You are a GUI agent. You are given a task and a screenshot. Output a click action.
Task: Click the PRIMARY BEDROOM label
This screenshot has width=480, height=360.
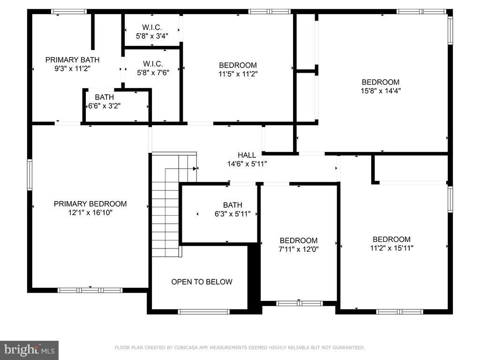(90, 204)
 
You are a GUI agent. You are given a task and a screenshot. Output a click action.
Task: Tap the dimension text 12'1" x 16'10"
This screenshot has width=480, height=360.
(90, 212)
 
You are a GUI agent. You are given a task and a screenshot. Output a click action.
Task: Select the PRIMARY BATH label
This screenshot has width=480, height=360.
(72, 60)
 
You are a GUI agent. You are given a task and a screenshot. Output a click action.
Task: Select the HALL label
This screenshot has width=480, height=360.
(247, 155)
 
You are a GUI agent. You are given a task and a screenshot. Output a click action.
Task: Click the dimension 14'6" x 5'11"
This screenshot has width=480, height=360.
(247, 164)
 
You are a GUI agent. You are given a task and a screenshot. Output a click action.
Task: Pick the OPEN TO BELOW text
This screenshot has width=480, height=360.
(202, 282)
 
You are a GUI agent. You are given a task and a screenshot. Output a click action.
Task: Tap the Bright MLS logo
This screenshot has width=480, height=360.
(29, 350)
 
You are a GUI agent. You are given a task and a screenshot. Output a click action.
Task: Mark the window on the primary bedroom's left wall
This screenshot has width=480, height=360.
(30, 174)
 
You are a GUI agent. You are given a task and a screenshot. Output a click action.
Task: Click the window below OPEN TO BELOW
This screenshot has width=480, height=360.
(204, 311)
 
